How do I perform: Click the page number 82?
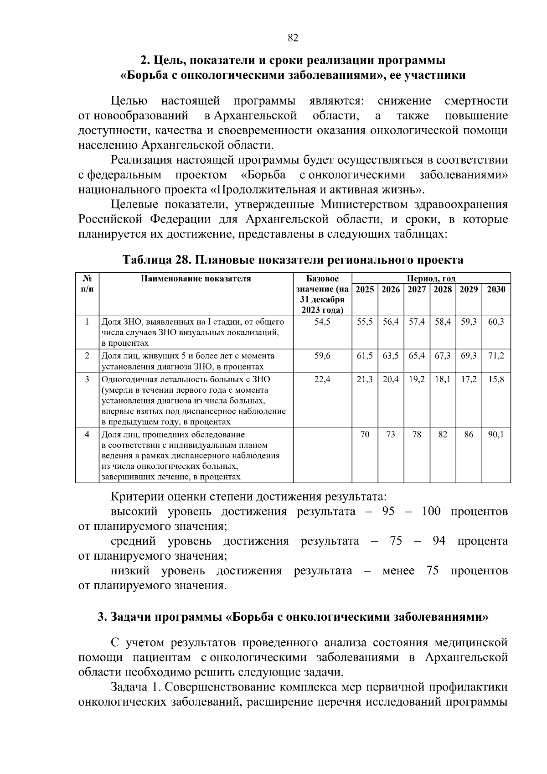(293, 38)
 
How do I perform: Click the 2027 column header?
(417, 290)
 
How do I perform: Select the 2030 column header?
(496, 290)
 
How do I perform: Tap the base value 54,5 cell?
(322, 322)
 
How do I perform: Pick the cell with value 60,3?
(496, 322)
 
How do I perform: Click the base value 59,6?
(322, 356)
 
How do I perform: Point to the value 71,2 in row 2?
(496, 356)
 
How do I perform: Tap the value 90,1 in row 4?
(496, 435)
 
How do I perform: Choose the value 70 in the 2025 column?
(365, 435)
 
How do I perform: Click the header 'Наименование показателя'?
(196, 279)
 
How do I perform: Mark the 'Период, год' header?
(431, 279)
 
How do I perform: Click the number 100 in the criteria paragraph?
(431, 511)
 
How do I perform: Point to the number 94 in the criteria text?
(439, 541)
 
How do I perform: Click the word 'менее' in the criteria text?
(398, 571)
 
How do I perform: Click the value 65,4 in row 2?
(417, 356)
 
